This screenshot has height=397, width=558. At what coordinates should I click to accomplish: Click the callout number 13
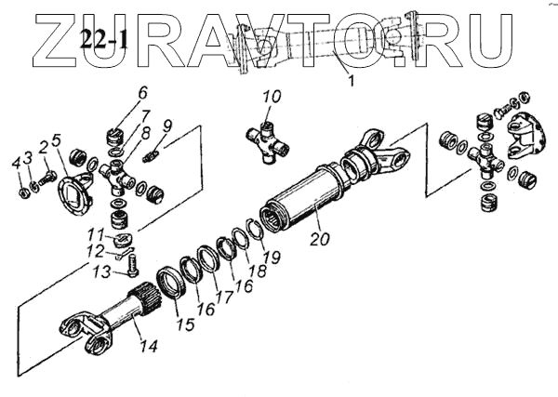pyautogui.click(x=106, y=271)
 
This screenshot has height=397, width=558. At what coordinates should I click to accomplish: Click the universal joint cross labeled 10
pyautogui.click(x=269, y=140)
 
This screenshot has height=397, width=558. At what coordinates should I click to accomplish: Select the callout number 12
pyautogui.click(x=108, y=251)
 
